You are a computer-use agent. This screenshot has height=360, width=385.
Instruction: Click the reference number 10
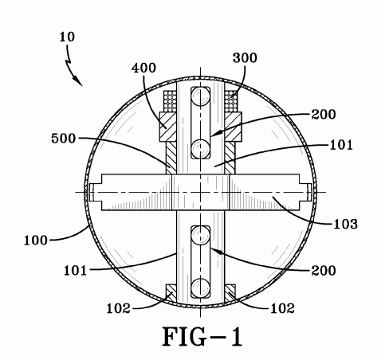point(67,37)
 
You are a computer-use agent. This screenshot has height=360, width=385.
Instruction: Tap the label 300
point(245,57)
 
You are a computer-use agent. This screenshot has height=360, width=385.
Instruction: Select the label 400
point(143,68)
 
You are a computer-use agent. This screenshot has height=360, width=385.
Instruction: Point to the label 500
point(64,139)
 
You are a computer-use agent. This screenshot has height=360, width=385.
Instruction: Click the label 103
point(345,224)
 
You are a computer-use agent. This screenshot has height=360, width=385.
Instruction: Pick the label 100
point(36,241)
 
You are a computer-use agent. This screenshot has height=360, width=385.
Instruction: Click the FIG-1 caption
point(202,336)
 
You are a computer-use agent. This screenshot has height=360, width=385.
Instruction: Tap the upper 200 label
point(324,115)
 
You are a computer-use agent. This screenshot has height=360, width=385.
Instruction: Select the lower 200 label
point(324,271)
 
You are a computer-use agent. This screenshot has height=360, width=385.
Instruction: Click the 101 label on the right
point(341,145)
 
